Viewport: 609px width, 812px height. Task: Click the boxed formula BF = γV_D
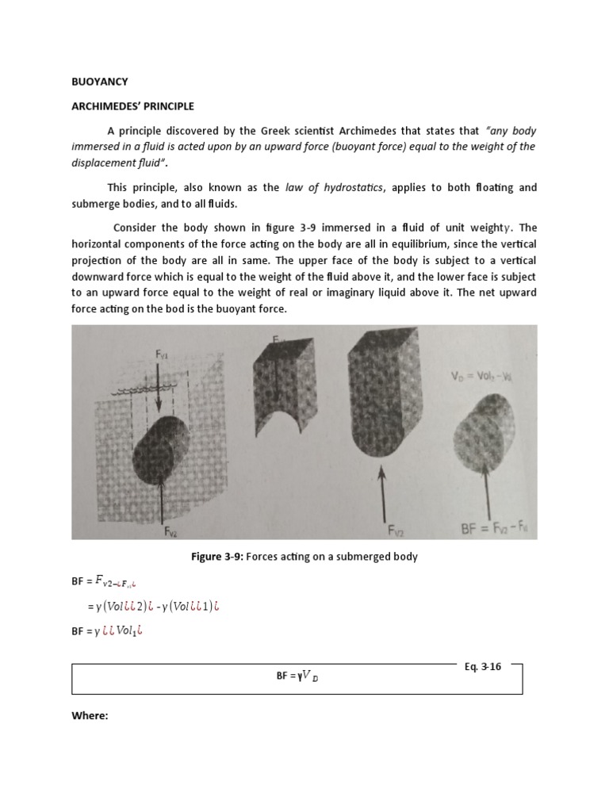[297, 676]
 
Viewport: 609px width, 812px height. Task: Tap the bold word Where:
[89, 715]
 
